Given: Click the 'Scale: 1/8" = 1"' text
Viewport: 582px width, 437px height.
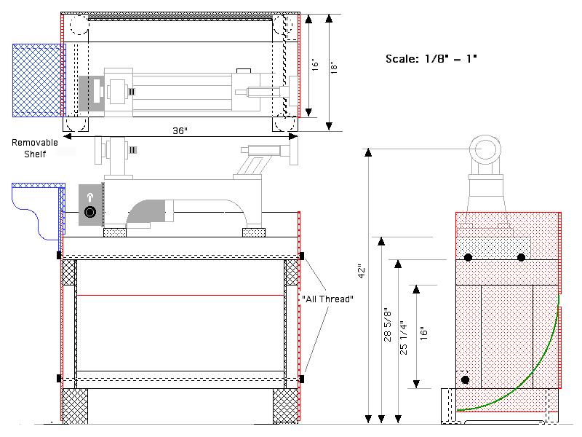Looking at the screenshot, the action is pos(431,59).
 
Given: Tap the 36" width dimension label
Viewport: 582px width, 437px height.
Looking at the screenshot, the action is pos(180,131).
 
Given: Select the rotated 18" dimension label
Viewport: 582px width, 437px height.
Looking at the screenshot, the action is pos(334,68).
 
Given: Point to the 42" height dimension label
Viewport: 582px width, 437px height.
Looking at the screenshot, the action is pos(362,271).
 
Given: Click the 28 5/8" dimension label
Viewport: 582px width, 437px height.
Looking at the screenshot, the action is pos(388,324).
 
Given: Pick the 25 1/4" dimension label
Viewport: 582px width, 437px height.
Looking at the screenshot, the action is pos(404,337).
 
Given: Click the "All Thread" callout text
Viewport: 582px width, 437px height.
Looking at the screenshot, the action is pos(327,299).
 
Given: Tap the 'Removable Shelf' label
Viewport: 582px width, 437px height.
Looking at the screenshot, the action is pos(35,149).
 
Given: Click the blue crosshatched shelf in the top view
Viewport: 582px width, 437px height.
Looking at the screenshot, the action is pos(37,80).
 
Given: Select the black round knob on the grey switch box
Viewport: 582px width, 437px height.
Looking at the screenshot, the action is pos(90,212).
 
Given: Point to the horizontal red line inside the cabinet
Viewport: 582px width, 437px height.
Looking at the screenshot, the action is pos(180,296).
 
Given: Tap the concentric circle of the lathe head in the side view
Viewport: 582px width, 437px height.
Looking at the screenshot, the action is pos(485,149).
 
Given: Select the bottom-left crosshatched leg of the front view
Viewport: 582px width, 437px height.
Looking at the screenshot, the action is pos(76,406).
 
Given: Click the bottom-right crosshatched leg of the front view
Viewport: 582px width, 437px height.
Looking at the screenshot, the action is pos(285,406).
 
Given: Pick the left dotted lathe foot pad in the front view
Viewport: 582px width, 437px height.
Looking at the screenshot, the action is pos(115,232).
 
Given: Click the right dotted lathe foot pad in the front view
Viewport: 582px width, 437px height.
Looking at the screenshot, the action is pos(254,232).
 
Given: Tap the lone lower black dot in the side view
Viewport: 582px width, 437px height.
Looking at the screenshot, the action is pos(465,379).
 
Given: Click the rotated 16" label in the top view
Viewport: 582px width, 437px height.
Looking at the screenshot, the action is pos(315,64).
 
